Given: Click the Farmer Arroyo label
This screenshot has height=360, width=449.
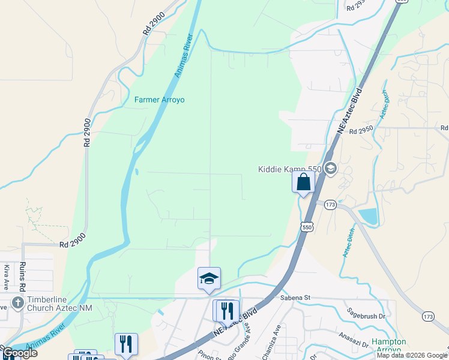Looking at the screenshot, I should pyautogui.click(x=159, y=100).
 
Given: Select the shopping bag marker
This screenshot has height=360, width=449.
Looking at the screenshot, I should pyautogui.click(x=304, y=182).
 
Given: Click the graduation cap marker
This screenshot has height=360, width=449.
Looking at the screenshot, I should pyautogui.click(x=209, y=278).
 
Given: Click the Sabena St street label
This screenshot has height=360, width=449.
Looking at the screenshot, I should pyautogui.click(x=294, y=297).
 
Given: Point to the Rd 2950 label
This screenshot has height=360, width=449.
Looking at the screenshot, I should pyautogui.click(x=361, y=130).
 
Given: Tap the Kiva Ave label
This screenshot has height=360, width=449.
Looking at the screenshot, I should pyautogui.click(x=7, y=275).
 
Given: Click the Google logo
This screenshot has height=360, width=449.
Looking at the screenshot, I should pyautogui.click(x=19, y=353).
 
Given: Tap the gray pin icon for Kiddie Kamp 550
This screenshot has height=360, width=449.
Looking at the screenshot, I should pyautogui.click(x=330, y=169).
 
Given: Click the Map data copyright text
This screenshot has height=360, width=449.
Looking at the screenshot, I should pyautogui.click(x=412, y=355).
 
